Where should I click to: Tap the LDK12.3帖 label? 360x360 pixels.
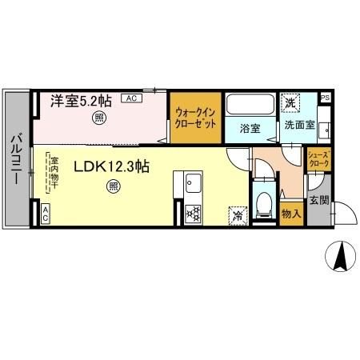(x=112, y=167)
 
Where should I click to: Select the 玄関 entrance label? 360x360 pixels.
(x=319, y=200)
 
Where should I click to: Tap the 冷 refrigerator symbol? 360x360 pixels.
(x=238, y=214)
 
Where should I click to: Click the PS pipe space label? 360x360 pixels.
(x=324, y=98)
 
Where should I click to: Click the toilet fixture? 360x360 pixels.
(x=262, y=203)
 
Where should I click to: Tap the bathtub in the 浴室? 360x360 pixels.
(x=249, y=105)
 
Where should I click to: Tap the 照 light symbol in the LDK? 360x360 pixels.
(x=112, y=188)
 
